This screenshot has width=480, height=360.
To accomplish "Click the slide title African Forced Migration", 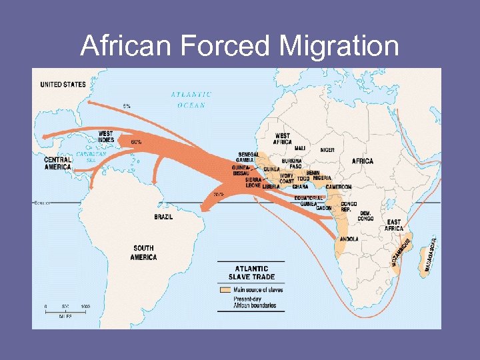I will pos(240,47).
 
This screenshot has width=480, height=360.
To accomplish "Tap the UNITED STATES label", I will pos(63,85).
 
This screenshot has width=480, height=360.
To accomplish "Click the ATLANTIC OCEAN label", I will pos(191,99).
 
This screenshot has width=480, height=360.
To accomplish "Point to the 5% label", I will pos(127,106).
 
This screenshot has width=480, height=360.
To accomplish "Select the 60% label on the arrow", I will pos(136,142).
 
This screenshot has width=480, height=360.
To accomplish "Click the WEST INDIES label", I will pos(105,137).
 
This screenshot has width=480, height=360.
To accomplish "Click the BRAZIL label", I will pos(163,217).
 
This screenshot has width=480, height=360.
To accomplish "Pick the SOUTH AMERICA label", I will pos(144,253).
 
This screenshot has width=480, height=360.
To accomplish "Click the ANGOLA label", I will pos(349,239).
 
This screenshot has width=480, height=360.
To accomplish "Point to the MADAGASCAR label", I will pos(430,256).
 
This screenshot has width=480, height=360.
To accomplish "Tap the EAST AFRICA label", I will pos(394,225).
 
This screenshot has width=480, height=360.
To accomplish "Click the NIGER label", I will pos(327,150).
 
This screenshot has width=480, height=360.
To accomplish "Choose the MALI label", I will pos(300,148).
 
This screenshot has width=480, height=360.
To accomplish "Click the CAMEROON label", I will pos(338,187).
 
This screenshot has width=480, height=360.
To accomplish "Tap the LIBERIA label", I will pos(271,187).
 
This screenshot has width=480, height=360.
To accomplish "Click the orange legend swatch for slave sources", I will pos(225,290).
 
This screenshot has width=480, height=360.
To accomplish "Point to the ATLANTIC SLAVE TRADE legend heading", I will pos(251,273).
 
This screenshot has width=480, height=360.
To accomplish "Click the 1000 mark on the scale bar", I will pos(85,307).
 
